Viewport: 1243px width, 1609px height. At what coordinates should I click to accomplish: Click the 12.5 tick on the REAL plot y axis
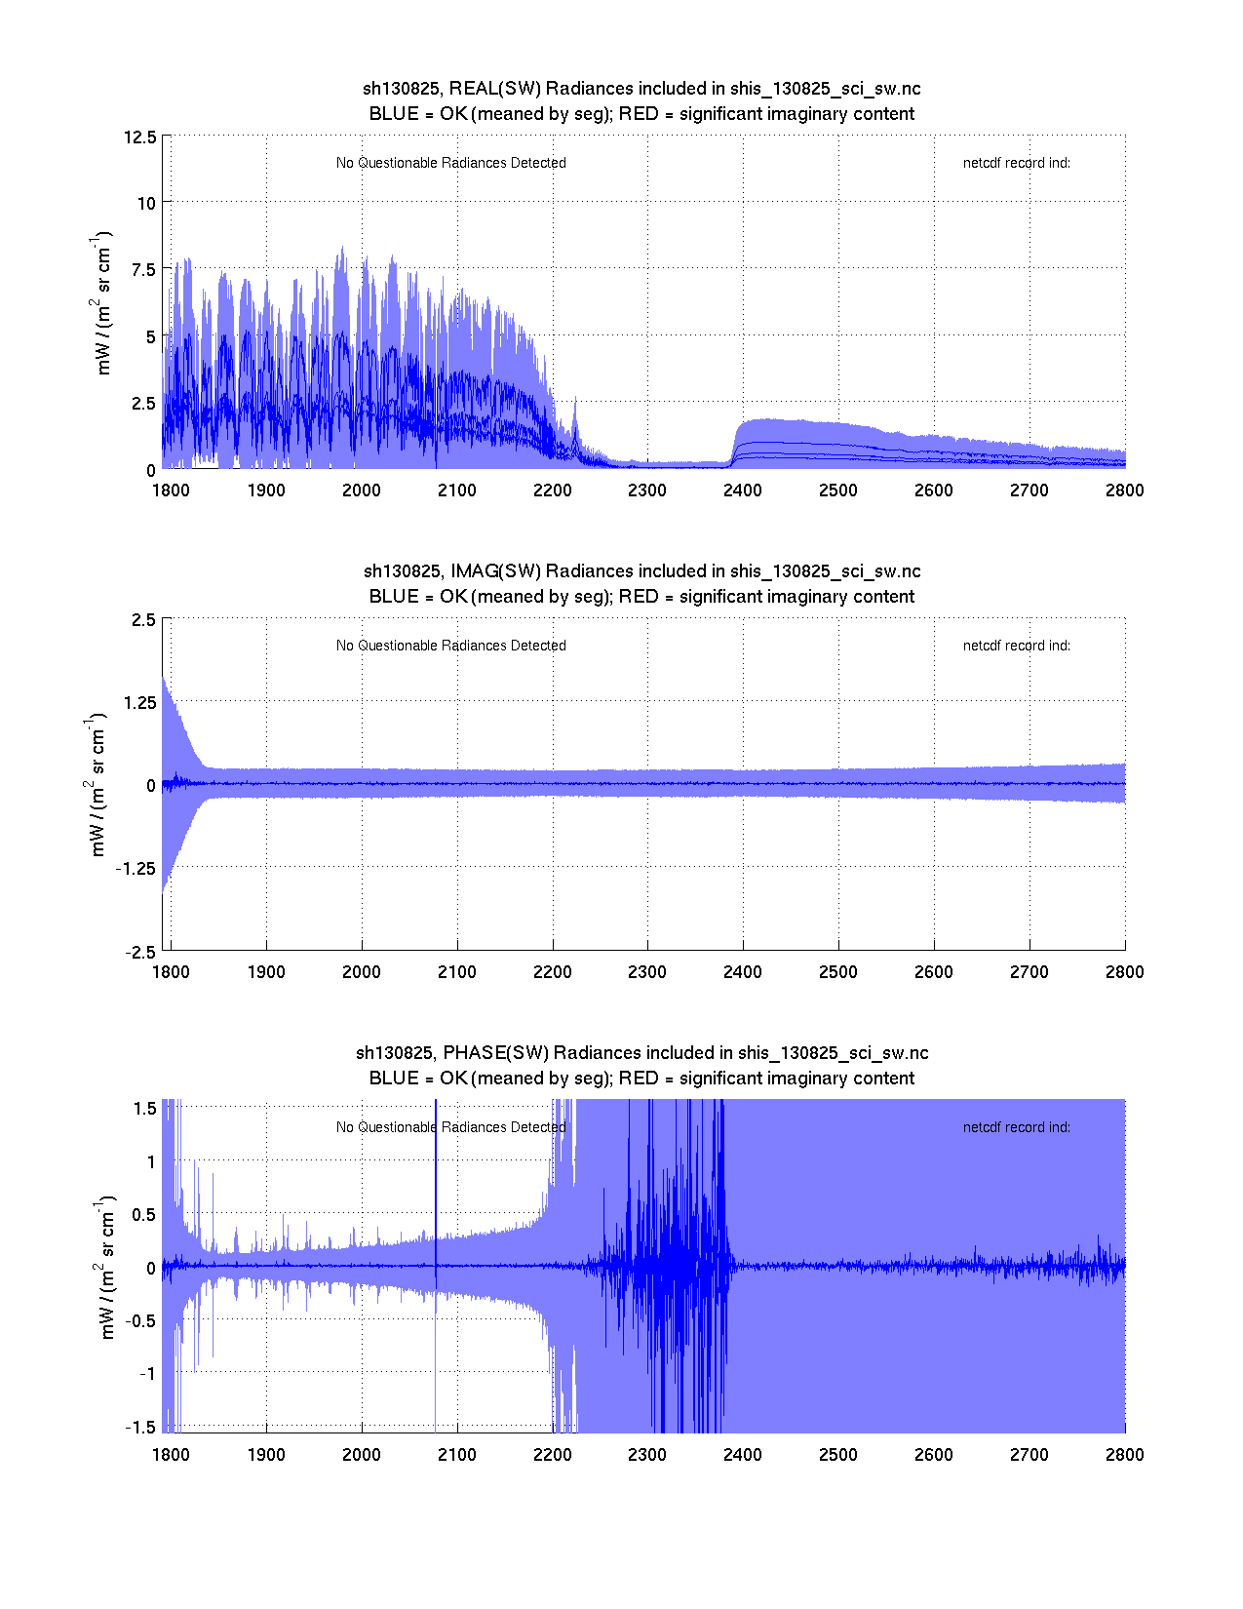(139, 137)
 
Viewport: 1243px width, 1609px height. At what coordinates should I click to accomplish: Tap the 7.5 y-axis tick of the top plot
(143, 270)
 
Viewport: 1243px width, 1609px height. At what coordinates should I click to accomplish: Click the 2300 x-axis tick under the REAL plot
(647, 491)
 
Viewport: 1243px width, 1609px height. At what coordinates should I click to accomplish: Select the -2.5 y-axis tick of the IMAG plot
(140, 953)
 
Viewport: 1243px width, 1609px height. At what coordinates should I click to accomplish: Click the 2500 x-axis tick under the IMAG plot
(837, 972)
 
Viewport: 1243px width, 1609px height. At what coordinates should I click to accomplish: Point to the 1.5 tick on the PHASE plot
(145, 1108)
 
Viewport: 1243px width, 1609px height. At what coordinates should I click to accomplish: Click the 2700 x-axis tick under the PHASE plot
(1029, 1455)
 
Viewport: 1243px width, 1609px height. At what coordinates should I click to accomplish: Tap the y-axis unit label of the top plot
(103, 303)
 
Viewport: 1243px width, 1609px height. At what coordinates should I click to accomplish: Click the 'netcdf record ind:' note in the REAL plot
(1016, 163)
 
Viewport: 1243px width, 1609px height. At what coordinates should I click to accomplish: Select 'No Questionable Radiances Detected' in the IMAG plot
(450, 646)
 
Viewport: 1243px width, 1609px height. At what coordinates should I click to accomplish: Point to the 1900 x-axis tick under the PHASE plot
(266, 1455)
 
